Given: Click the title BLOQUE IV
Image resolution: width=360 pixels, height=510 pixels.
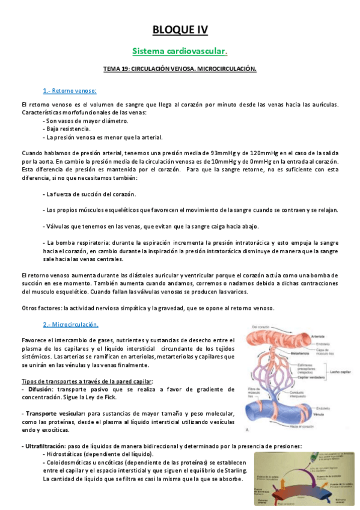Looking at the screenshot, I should (180, 29).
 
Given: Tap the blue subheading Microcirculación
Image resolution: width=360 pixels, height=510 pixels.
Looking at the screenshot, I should (70, 324).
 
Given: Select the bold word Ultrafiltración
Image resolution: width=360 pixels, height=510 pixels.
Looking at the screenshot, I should (48, 446).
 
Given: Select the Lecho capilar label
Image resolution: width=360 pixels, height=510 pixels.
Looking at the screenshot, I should (341, 372).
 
